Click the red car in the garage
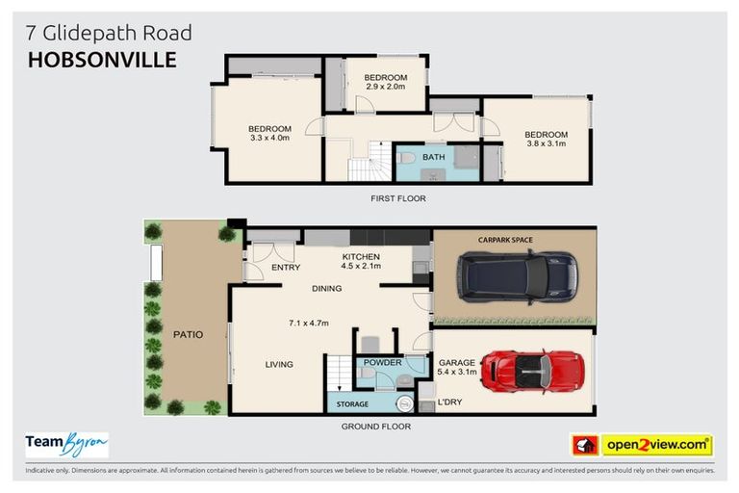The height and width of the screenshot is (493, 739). tap(529, 371)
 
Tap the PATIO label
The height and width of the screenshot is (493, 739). tap(188, 335)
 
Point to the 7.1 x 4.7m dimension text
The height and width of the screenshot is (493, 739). tap(308, 324)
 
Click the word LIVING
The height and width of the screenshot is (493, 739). tap(279, 364)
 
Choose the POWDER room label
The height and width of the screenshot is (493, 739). tap(382, 363)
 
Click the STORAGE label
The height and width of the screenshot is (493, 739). tap(352, 404)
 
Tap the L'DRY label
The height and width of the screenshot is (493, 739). tap(449, 403)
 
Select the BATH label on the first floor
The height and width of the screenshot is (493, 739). tap(433, 156)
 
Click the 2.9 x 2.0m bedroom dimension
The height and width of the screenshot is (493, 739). tap(386, 88)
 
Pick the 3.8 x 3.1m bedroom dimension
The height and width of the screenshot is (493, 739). tap(546, 144)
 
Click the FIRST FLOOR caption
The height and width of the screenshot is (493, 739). tap(397, 198)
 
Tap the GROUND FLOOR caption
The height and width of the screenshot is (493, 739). tap(375, 427)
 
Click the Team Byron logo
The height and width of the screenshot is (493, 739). tap(66, 444)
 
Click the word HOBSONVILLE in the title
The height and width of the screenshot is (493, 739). tap(102, 60)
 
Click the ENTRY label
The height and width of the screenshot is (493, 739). tap(287, 268)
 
